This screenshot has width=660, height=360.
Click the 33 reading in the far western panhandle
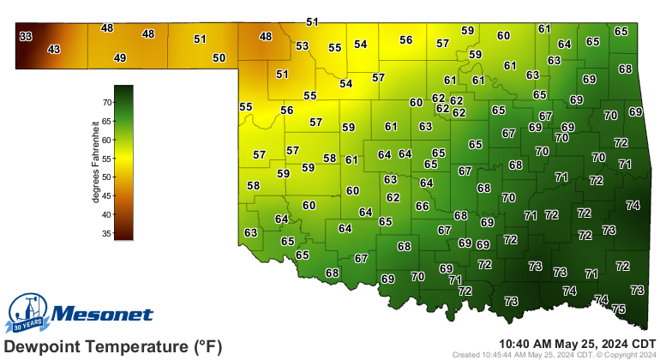tap(26, 36)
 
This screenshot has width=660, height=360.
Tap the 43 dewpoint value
tap(54, 50)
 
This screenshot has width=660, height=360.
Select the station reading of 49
tap(120, 58)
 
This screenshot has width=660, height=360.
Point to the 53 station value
tap(302, 46)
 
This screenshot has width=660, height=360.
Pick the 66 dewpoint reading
tap(422, 207)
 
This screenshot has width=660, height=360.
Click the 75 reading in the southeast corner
tap(618, 309)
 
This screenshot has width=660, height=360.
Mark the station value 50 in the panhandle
tap(219, 58)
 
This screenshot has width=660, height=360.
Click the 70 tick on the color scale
tap(107, 102)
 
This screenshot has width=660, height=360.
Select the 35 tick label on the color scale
tap(107, 233)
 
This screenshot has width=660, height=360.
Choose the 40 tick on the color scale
tap(107, 214)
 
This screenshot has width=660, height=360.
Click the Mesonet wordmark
tap(103, 315)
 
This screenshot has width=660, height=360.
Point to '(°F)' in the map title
tap(206, 346)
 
